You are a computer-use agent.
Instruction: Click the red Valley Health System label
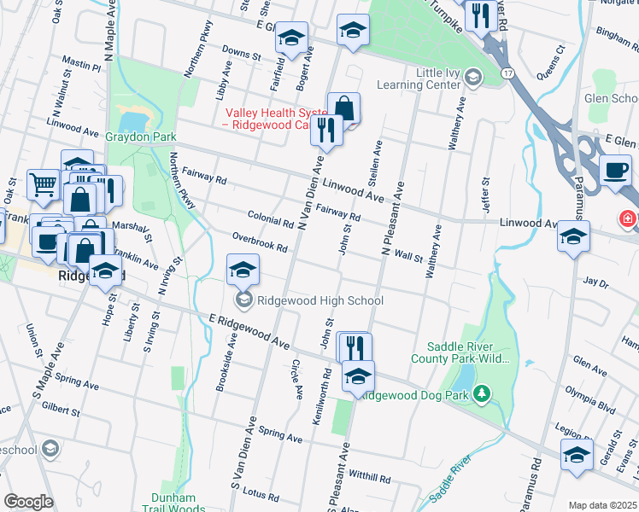[269, 119]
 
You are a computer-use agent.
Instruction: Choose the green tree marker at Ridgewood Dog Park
[483, 393]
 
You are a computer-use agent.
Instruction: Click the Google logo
[28, 502]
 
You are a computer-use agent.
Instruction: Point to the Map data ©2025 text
[602, 505]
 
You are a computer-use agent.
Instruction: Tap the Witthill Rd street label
[369, 478]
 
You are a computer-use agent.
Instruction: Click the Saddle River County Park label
[469, 352]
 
